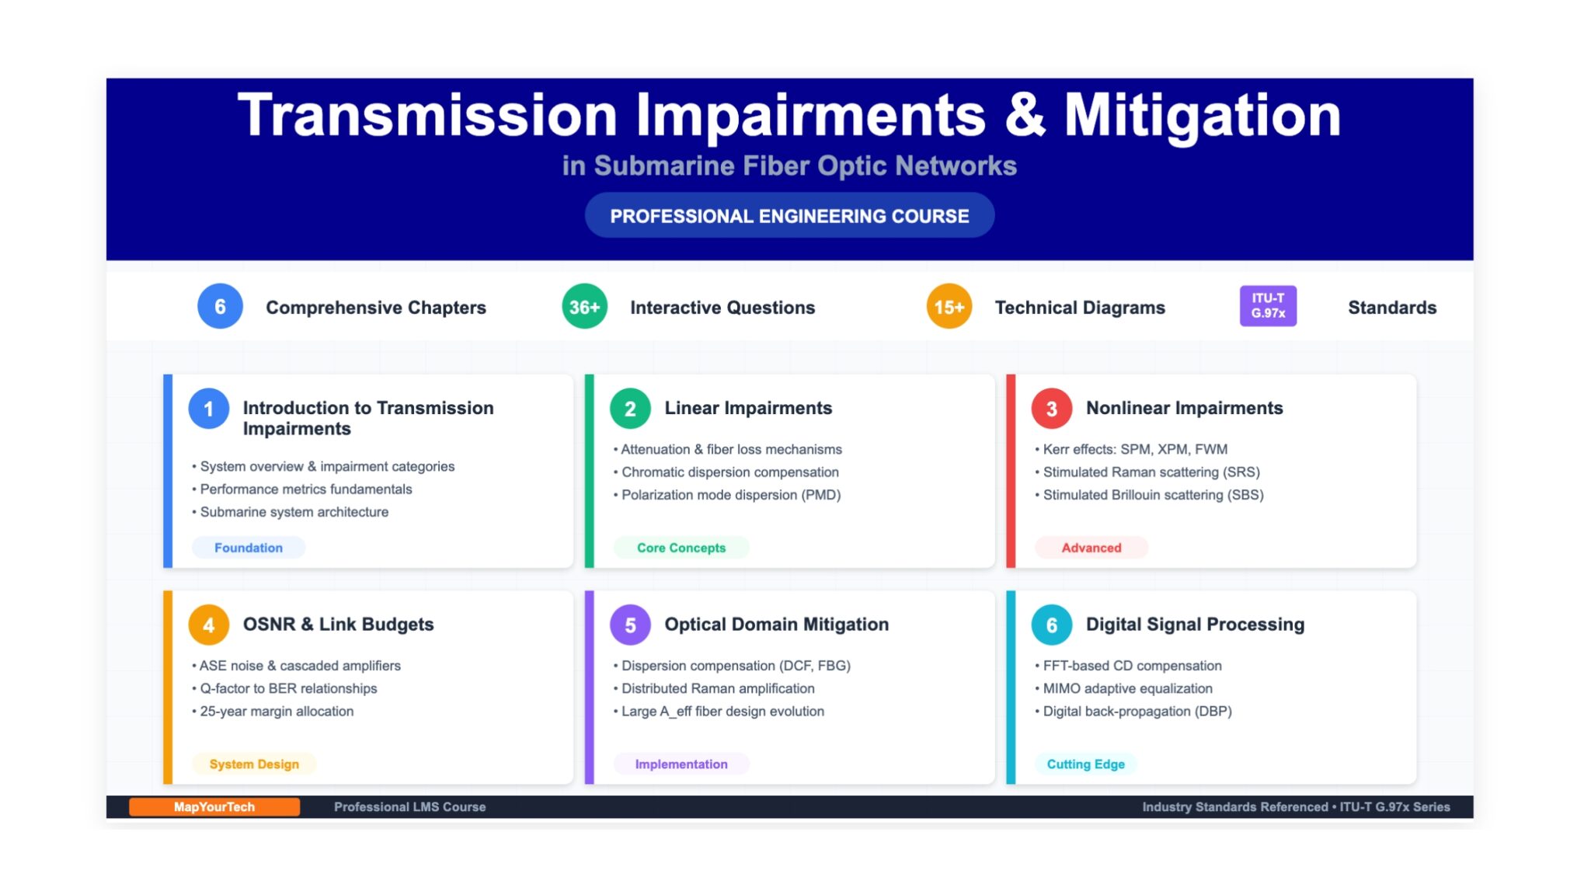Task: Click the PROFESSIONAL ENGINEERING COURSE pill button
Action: coord(789,215)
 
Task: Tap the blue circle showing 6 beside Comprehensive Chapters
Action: coord(220,306)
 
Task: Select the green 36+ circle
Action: coord(584,306)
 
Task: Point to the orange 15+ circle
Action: coord(949,306)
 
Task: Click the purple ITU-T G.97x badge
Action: coord(1268,305)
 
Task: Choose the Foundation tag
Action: coord(249,548)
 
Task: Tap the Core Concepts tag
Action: coord(681,548)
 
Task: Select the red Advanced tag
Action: coord(1091,548)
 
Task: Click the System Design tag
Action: coord(254,764)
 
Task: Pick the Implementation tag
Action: coord(681,764)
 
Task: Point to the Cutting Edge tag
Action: coord(1085,764)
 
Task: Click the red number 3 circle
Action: coord(1051,409)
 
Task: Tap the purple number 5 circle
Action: coord(630,625)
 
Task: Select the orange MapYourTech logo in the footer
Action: coord(214,806)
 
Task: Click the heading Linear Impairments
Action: coord(748,408)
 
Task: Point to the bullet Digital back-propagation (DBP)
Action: coord(1133,711)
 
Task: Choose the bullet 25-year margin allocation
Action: coord(273,711)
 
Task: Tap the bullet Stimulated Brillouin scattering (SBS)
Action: coord(1149,495)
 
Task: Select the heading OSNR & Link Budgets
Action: coord(338,624)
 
